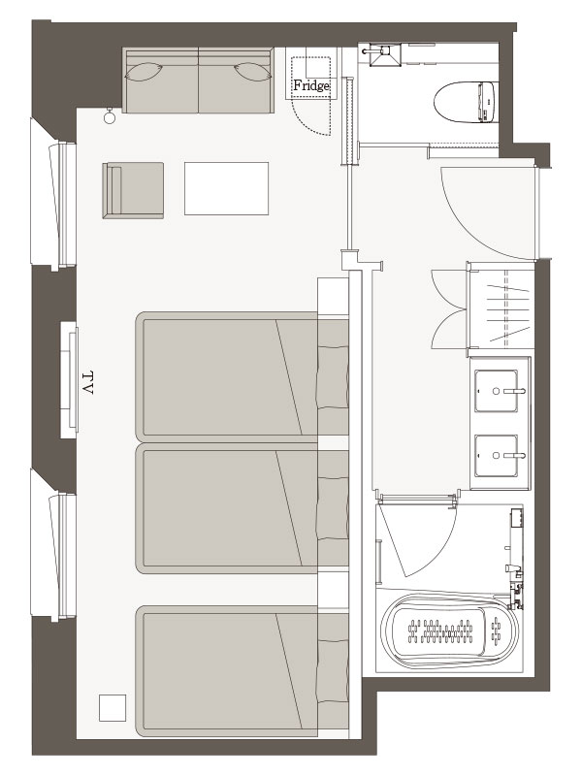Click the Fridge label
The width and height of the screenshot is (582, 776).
click(311, 85)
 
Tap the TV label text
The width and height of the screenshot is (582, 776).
click(87, 382)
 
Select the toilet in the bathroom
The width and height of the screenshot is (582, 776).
click(465, 103)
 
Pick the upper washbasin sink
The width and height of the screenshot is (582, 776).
click(497, 391)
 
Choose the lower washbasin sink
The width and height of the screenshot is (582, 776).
click(497, 456)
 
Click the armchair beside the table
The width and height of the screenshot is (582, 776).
click(133, 190)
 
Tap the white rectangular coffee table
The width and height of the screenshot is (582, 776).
click(227, 188)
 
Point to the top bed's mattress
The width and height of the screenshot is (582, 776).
click(229, 376)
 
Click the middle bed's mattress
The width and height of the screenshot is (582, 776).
click(229, 508)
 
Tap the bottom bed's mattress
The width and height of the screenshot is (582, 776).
click(229, 670)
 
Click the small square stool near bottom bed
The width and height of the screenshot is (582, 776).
click(113, 708)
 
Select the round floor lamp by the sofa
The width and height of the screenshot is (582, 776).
click(110, 116)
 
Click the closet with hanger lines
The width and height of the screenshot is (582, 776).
click(501, 308)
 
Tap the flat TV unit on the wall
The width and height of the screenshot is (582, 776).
click(70, 380)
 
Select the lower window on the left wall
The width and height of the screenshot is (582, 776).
click(53, 544)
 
